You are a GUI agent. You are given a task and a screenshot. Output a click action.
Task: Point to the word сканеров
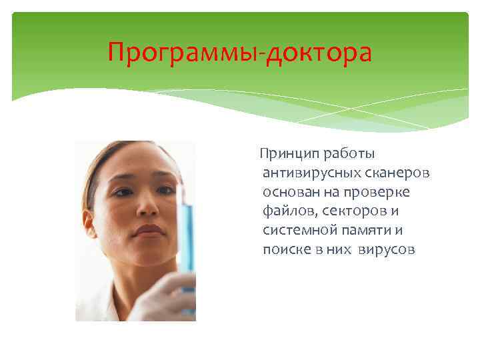[x=397, y=173]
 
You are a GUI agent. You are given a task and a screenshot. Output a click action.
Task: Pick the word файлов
[x=287, y=212]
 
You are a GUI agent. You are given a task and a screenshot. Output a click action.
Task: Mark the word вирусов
[x=387, y=251]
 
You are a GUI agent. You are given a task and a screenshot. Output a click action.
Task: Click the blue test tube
[x=187, y=233]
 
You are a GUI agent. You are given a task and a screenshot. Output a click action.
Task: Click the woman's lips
[x=149, y=231]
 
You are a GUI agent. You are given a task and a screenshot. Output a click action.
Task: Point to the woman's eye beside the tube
[x=164, y=189]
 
